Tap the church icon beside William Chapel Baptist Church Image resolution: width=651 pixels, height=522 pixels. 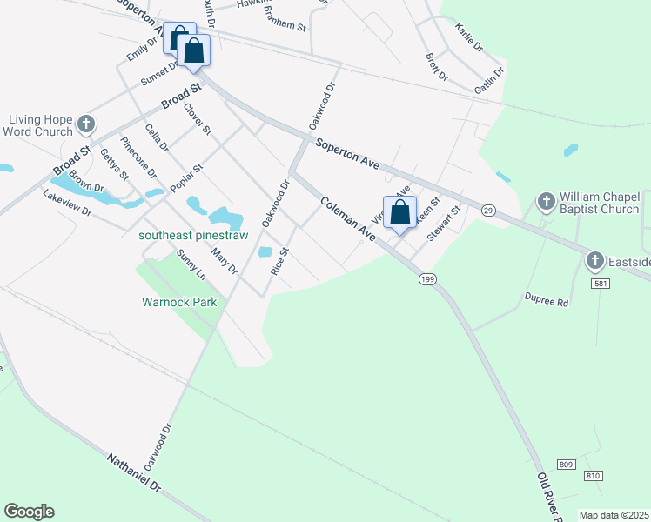pos(546,202)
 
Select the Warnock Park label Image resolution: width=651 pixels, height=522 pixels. pos(178,304)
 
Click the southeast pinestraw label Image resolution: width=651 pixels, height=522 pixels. pos(194,236)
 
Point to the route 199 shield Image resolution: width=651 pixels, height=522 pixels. pos(426,278)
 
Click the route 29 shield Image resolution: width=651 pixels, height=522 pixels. pos(488,210)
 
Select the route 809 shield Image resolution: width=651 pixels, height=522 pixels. pos(567,465)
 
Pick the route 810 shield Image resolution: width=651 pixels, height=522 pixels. pos(593,476)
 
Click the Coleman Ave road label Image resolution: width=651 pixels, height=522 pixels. pos(347,218)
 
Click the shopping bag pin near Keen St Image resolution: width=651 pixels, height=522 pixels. pos(399,212)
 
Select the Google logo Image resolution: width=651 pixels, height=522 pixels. pos(29,512)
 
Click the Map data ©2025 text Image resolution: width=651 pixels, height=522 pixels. pos(614,515)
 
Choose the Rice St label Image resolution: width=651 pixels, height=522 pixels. pos(279,261)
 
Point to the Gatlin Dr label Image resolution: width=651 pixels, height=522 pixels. pos(489,80)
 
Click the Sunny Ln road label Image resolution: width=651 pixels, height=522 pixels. pos(191,264)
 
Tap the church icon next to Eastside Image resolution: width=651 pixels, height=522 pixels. pos(594,260)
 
